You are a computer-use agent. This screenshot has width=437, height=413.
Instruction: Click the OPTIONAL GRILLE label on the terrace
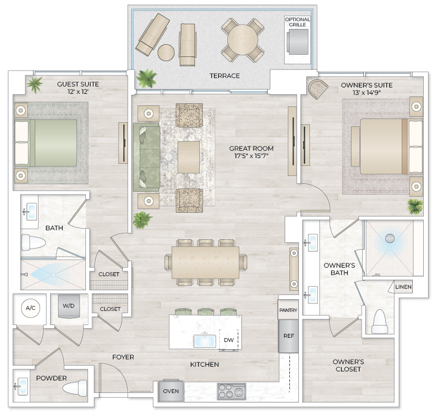tap(297, 22)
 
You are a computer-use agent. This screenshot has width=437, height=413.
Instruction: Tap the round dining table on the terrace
tap(242, 40)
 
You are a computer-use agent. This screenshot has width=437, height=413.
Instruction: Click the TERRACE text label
tap(225, 76)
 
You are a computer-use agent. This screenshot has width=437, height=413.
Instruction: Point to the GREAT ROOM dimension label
tap(251, 152)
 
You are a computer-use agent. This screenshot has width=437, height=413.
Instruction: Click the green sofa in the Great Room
tap(146, 158)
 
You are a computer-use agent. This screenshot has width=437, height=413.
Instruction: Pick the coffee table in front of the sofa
tap(188, 157)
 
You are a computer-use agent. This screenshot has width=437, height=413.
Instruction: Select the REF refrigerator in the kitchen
tap(288, 336)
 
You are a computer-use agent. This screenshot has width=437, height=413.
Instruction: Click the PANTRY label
tap(288, 310)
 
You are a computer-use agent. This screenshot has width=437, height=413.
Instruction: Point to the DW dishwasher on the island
tap(228, 340)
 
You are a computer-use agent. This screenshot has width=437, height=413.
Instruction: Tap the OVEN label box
tap(170, 391)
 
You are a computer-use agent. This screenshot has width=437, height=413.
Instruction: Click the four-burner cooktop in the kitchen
tap(231, 391)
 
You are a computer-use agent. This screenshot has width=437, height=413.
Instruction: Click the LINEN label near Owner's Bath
tap(403, 287)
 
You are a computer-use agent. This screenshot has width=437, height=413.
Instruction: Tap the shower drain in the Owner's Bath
tap(390, 238)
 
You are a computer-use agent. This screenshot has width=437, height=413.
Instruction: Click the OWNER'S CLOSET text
tap(348, 366)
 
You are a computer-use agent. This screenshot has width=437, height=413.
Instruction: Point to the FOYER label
tap(123, 357)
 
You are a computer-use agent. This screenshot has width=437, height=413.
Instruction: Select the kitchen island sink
tap(203, 341)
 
